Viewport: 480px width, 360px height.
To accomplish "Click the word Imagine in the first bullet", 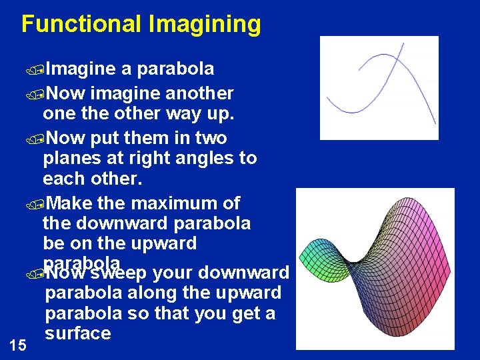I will point(81,69).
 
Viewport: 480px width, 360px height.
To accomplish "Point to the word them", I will point(147,138).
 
